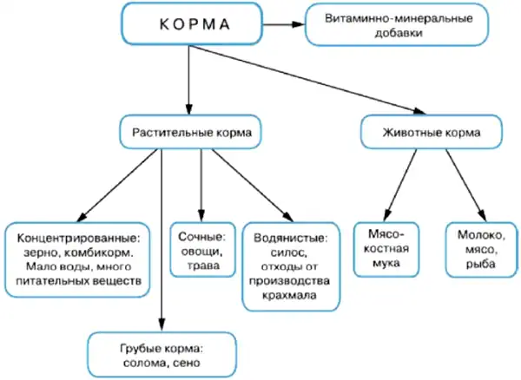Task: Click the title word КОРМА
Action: (195, 24)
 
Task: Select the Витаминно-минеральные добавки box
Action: (397, 25)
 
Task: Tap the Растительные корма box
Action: (190, 132)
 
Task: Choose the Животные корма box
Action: (432, 132)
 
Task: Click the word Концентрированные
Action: (78, 238)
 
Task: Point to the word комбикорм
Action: (99, 252)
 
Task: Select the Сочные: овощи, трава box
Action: (202, 250)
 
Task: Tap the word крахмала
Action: (289, 295)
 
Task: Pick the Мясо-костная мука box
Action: (386, 250)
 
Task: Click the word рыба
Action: (480, 265)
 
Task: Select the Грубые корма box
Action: (162, 355)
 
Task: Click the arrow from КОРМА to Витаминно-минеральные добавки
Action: (283, 24)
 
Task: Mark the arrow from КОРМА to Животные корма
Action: (307, 80)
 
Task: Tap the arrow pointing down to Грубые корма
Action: (162, 239)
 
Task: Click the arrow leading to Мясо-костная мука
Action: (399, 185)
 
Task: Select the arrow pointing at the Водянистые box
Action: (253, 185)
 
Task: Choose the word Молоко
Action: (481, 235)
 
